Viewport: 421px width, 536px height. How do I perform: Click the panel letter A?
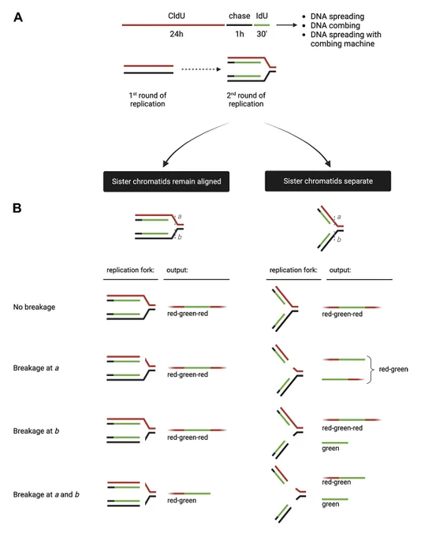pyautogui.click(x=18, y=17)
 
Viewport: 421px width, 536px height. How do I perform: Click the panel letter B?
pyautogui.click(x=17, y=208)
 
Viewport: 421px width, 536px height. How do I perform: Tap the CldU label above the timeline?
pyautogui.click(x=177, y=16)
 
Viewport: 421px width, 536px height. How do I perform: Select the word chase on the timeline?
pyautogui.click(x=240, y=16)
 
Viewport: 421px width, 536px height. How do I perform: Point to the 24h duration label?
pyautogui.click(x=177, y=34)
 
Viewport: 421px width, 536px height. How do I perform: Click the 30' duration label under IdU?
pyautogui.click(x=262, y=34)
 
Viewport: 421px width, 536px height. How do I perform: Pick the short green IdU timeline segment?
pyautogui.click(x=262, y=25)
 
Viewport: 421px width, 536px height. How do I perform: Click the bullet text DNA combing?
pyautogui.click(x=335, y=25)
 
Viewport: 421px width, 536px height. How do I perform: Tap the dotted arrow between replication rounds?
pyautogui.click(x=201, y=69)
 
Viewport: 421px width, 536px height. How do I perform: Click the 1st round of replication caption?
pyautogui.click(x=147, y=99)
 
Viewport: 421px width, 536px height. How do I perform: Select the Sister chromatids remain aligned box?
pyautogui.click(x=166, y=181)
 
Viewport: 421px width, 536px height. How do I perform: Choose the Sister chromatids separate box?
pyautogui.click(x=328, y=181)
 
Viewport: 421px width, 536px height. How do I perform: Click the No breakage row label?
pyautogui.click(x=34, y=307)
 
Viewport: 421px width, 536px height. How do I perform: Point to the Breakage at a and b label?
pyautogui.click(x=47, y=494)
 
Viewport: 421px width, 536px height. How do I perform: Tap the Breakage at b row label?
pyautogui.click(x=36, y=430)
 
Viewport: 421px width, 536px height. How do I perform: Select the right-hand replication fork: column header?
pyautogui.click(x=293, y=270)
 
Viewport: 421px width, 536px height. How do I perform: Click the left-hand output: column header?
pyautogui.click(x=177, y=270)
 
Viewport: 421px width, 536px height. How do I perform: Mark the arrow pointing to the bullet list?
pyautogui.click(x=287, y=25)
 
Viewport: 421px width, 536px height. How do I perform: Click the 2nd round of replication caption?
pyautogui.click(x=246, y=99)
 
